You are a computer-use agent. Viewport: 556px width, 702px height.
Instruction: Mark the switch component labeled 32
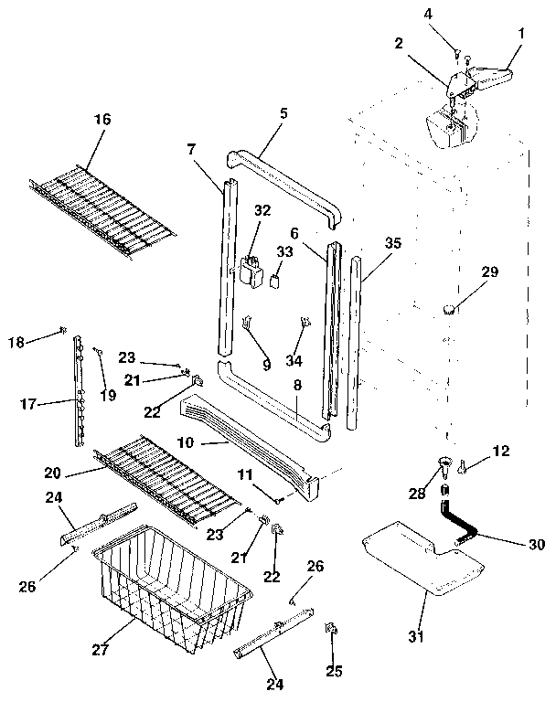[x=249, y=271]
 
